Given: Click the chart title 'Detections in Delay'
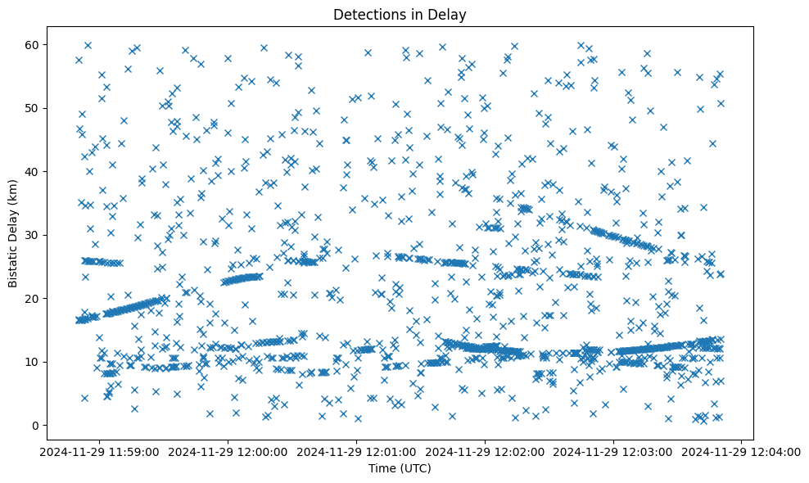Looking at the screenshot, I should [x=400, y=14].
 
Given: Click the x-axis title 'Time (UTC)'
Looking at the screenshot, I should [x=400, y=468].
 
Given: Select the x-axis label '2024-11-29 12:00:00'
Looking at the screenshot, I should [x=228, y=451].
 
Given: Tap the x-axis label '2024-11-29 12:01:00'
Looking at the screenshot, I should [x=357, y=451].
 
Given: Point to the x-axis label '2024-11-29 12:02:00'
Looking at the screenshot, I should [x=486, y=451].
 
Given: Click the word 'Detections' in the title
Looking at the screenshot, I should [x=364, y=14].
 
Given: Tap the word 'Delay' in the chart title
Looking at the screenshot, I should [x=450, y=14].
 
